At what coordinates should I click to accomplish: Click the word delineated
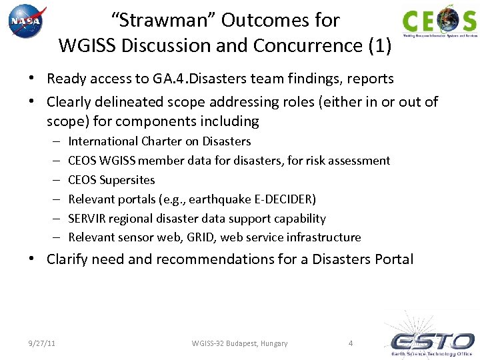click(127, 102)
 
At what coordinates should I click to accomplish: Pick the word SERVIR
click(86, 219)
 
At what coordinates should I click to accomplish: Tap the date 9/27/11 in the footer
click(41, 343)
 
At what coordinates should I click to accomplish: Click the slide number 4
click(351, 343)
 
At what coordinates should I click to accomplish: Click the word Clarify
click(67, 259)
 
